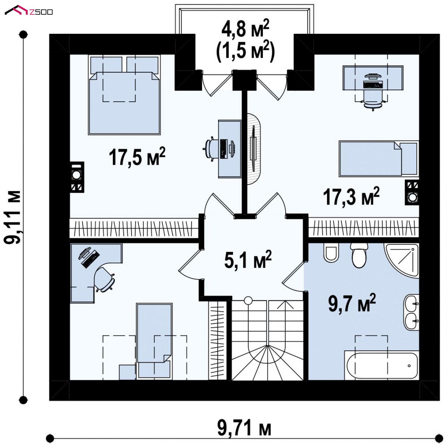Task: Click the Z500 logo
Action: (x=29, y=11)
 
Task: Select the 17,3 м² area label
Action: (x=351, y=196)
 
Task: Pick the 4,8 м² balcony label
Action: (x=245, y=29)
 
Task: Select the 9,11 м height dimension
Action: (x=13, y=217)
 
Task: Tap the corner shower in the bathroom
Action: (x=402, y=260)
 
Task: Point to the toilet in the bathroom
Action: (x=359, y=255)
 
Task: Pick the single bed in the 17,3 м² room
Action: (x=379, y=159)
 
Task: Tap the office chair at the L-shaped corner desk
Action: (x=104, y=279)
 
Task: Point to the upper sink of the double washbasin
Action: (x=411, y=303)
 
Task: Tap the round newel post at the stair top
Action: (x=248, y=300)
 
